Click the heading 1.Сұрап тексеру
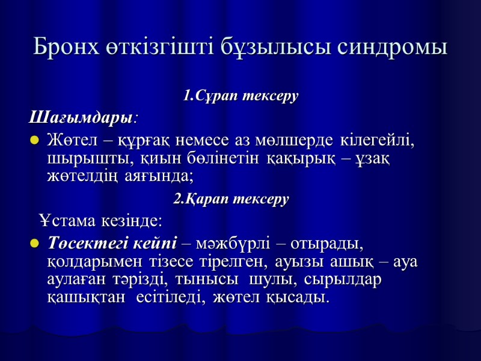tap(240, 96)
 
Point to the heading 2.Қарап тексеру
tap(231, 199)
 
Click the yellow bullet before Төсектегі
tap(34, 244)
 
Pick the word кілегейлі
tap(378, 141)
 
